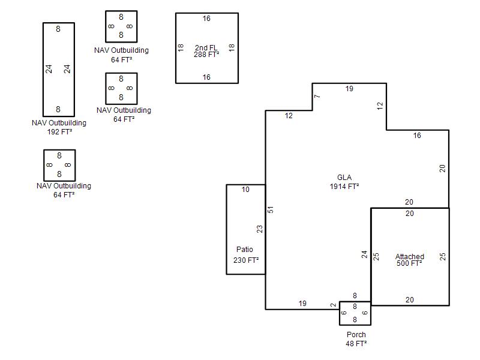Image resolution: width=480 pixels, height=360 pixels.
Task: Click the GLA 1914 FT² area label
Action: [344, 182]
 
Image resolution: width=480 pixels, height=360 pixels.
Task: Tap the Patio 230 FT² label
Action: [246, 254]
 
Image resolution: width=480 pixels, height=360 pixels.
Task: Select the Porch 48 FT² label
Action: [356, 339]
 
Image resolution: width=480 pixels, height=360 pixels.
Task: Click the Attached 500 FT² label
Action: [410, 260]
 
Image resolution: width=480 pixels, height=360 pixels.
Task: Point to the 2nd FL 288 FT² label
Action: [206, 51]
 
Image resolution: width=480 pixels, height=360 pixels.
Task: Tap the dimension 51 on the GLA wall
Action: [271, 209]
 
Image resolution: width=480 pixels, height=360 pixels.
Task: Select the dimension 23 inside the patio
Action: [260, 229]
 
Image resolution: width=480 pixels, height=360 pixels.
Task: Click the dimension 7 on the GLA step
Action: [317, 96]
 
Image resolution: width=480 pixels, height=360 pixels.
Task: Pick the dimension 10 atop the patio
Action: [245, 190]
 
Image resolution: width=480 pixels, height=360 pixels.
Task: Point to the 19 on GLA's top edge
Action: [349, 89]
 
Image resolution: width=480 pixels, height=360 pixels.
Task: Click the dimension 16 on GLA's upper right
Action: [417, 136]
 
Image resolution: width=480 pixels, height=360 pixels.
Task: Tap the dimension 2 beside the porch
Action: [334, 305]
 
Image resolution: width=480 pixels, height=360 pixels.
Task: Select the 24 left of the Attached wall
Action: [364, 254]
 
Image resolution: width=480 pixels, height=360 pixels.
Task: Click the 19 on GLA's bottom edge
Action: [302, 304]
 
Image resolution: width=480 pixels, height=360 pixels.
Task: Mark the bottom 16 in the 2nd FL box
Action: [206, 77]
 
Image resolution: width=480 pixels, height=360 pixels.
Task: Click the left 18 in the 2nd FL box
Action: [181, 47]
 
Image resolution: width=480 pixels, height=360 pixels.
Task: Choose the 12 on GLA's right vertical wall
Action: [380, 106]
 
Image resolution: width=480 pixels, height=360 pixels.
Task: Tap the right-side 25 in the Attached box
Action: [443, 257]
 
